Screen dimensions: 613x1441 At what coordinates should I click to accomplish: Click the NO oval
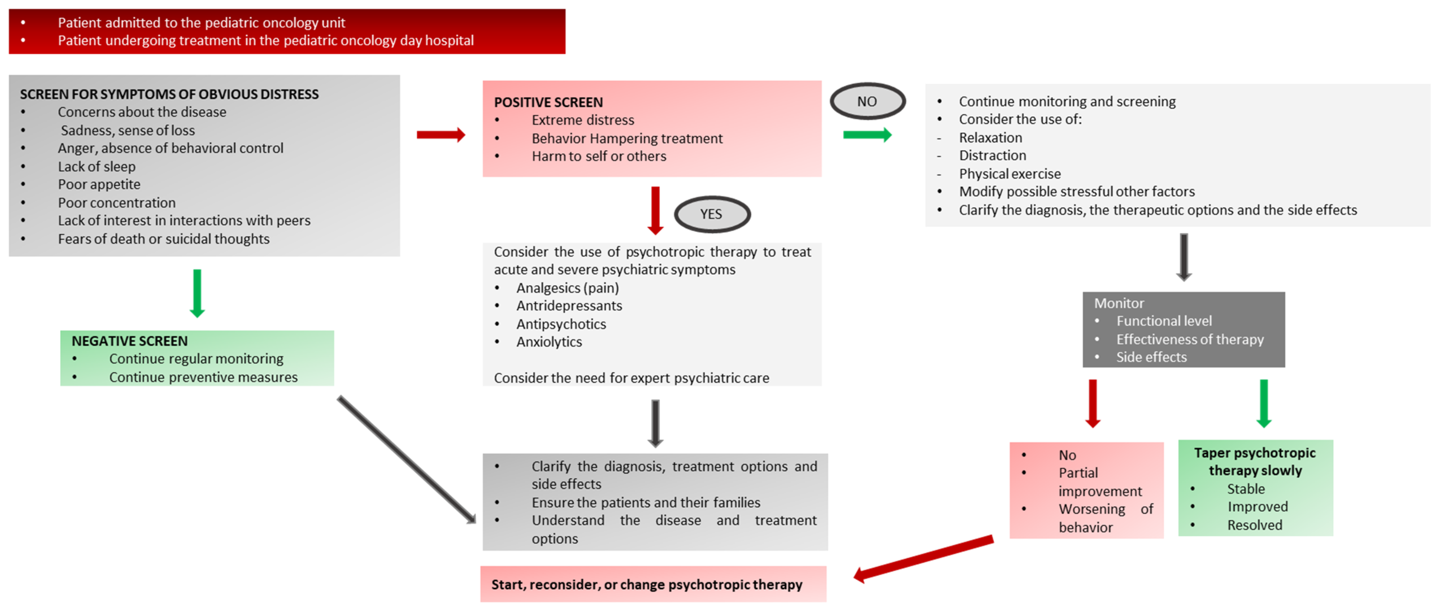tap(867, 101)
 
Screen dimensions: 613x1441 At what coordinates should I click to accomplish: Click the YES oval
tap(712, 214)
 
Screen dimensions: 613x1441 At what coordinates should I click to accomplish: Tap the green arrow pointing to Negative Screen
tap(197, 293)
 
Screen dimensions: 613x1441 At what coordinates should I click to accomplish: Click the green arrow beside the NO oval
tap(867, 135)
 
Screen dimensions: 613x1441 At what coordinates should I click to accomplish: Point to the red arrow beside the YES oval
tap(655, 210)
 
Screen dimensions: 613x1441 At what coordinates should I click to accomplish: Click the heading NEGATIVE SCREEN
tap(130, 341)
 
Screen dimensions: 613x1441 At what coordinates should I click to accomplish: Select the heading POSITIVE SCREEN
tap(548, 102)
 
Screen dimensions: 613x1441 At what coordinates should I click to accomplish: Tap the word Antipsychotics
tap(561, 324)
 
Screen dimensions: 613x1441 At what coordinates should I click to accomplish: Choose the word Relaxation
tap(990, 138)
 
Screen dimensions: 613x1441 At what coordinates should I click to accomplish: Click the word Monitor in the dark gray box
tap(1119, 303)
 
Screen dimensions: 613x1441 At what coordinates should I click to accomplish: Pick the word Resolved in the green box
tap(1255, 525)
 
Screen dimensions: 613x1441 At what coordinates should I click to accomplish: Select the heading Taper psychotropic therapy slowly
tap(1255, 461)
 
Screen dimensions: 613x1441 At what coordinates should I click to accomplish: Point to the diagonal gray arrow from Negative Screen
tap(407, 460)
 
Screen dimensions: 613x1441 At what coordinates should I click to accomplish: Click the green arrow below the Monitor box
tap(1264, 403)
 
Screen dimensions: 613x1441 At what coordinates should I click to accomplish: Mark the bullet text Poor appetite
tap(99, 184)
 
